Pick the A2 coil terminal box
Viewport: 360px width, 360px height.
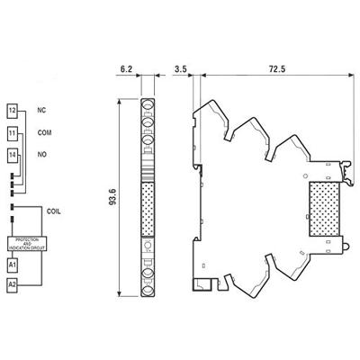(x=13, y=285)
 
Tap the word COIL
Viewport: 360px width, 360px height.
(x=53, y=211)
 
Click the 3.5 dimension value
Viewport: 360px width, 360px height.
(x=180, y=67)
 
